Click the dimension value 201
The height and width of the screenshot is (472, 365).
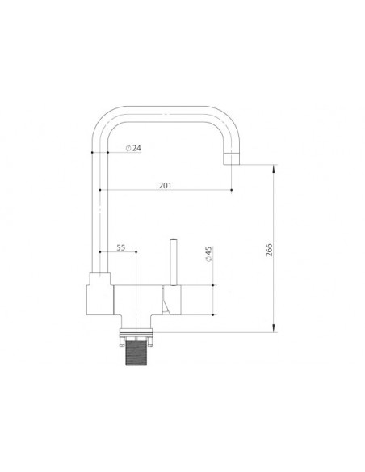[165, 185]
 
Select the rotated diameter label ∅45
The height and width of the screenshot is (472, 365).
[208, 255]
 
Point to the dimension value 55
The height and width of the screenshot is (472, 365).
[121, 247]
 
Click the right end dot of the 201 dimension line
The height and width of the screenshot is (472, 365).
[232, 191]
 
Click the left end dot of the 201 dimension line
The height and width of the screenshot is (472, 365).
[99, 191]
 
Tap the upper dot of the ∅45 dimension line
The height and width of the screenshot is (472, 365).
[213, 286]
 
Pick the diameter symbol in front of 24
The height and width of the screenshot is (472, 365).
[128, 148]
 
